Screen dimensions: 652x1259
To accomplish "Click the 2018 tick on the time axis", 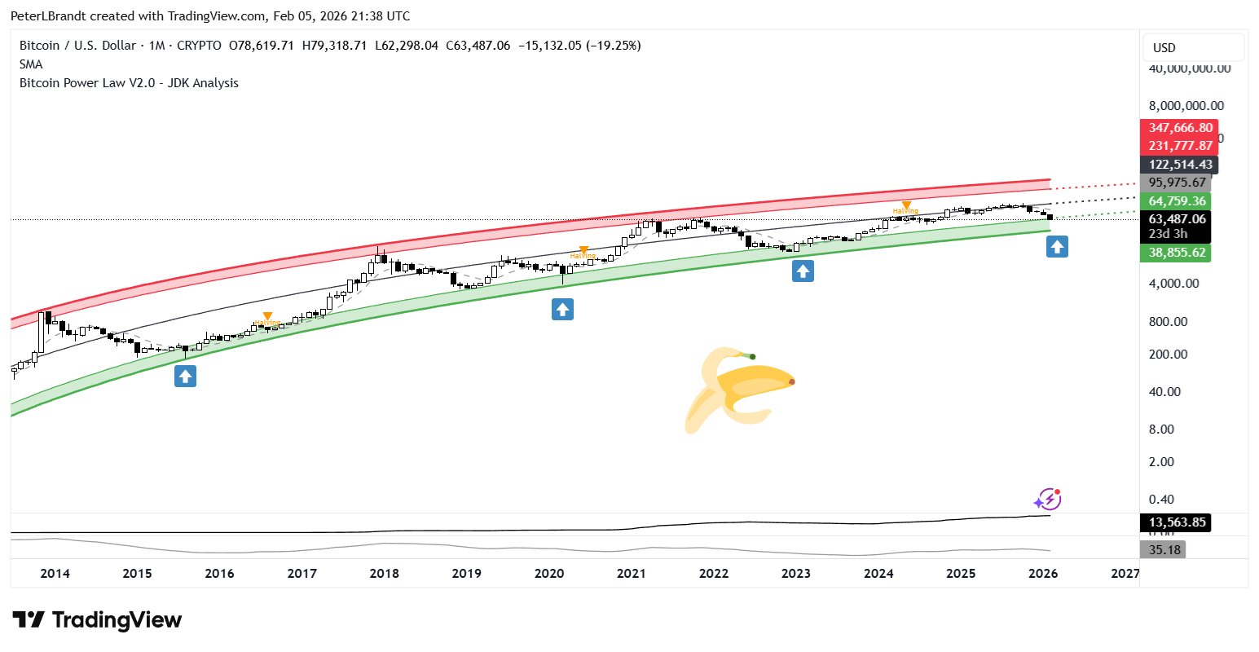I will [x=384, y=573].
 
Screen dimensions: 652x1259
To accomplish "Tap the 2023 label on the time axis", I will [x=795, y=573].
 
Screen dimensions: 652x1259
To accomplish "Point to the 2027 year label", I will [x=1125, y=573].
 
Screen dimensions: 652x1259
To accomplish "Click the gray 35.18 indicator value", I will [x=1164, y=550].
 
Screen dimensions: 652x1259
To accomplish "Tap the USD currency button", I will [x=1193, y=48].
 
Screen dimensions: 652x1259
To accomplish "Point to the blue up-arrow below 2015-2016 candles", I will [x=186, y=376].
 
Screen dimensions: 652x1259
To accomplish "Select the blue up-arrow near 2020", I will [x=562, y=310].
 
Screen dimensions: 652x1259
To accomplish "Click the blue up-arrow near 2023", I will [x=803, y=271].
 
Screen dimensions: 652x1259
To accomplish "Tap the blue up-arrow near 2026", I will [x=1057, y=246].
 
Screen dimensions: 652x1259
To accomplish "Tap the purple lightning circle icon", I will [x=1047, y=499].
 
